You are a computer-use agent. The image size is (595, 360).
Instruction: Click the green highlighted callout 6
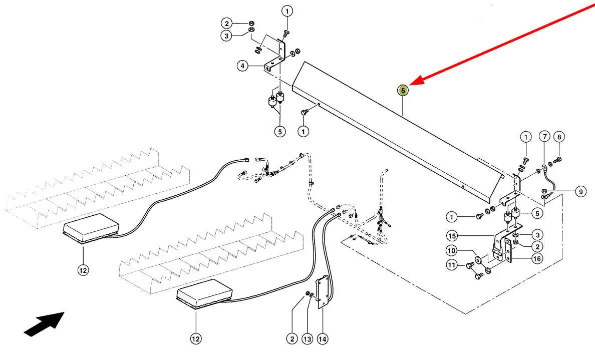403,91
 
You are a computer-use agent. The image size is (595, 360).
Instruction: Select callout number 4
242,66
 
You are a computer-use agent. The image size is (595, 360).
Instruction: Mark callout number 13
307,339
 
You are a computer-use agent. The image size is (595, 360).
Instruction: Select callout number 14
323,339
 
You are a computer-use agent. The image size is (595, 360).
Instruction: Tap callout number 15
451,235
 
